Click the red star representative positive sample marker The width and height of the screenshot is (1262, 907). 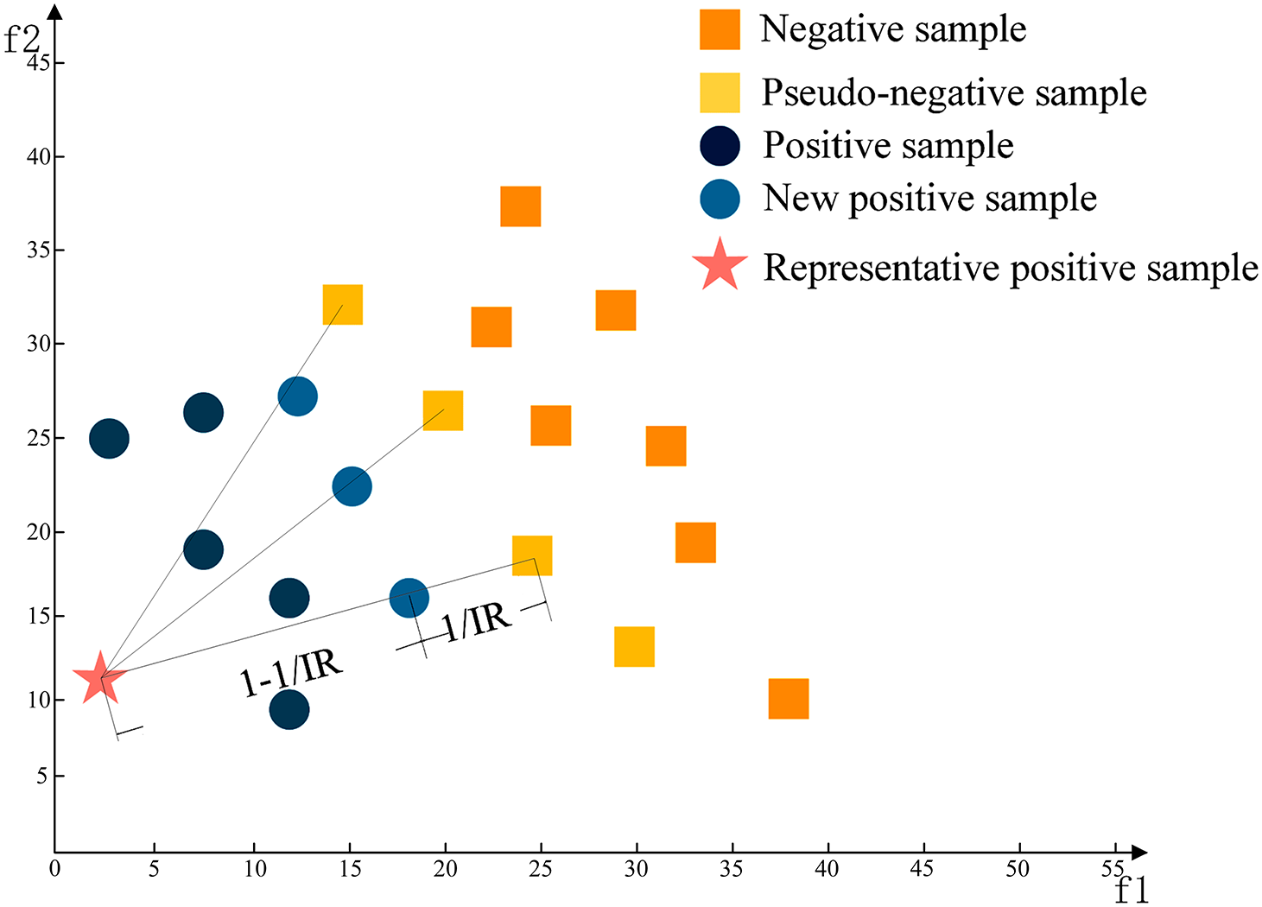coord(101,678)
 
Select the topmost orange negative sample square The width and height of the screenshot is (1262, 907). coord(520,206)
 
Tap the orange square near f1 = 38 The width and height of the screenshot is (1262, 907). coord(788,699)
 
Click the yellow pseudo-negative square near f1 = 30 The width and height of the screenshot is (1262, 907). coord(634,646)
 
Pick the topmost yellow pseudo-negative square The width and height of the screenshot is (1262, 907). coord(342,304)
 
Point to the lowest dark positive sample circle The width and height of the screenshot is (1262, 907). coord(289,709)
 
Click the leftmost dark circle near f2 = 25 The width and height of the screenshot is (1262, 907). coord(109,439)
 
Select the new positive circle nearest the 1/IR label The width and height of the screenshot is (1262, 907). coord(409,598)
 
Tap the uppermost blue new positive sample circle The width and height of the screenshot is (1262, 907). coord(297,396)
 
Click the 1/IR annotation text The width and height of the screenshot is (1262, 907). coord(477,619)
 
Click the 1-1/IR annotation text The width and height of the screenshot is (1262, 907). coord(291,672)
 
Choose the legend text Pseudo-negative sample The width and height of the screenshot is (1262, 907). coord(954,93)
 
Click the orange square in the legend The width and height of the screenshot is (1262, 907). coord(720,29)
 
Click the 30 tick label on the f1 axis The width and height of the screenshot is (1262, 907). coord(636,869)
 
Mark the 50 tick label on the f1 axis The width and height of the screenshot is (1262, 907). coord(1018,869)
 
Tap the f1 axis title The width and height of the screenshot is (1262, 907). coord(1131,891)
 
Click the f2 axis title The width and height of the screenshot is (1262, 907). coord(22,39)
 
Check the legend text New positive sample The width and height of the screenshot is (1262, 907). coord(929,199)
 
